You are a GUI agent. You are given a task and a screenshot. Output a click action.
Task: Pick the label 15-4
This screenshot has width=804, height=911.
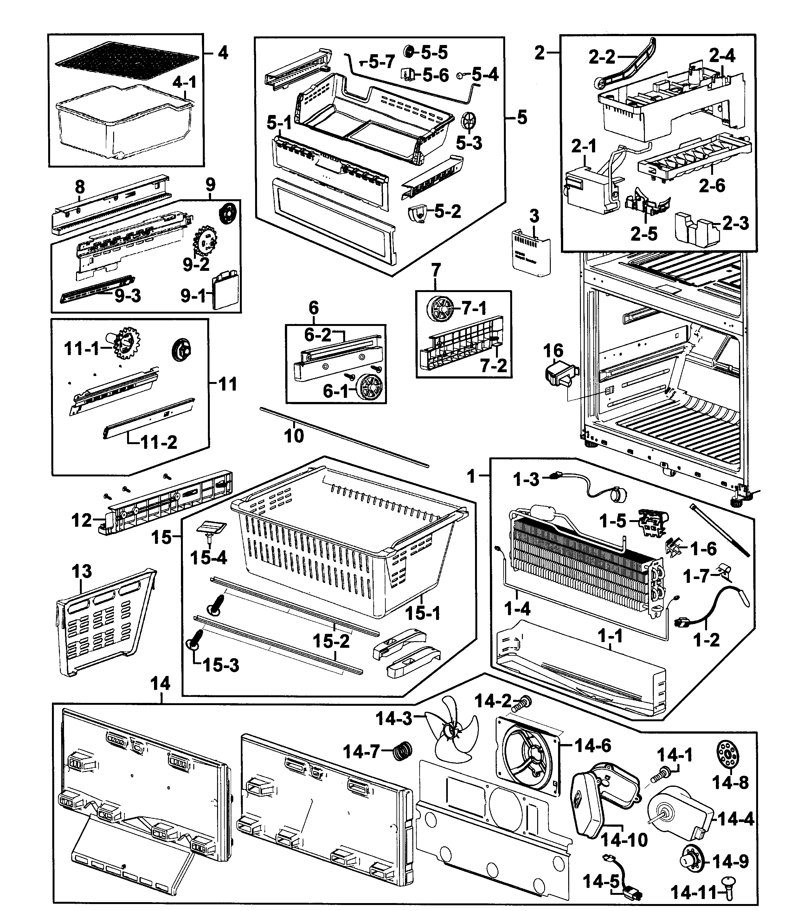point(208,557)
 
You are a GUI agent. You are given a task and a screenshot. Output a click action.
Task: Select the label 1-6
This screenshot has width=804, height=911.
point(703,549)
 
